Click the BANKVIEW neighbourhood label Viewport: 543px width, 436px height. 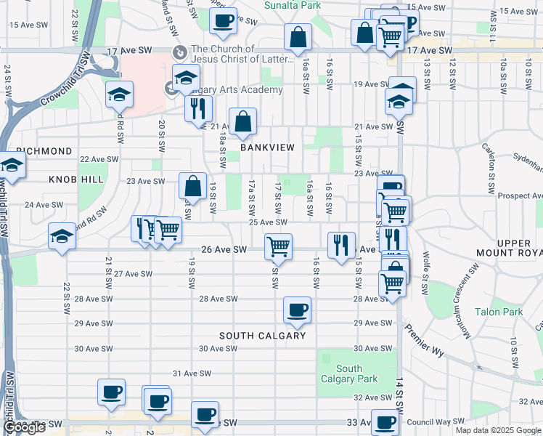tap(268, 147)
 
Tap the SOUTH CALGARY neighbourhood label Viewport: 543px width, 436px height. tap(262, 336)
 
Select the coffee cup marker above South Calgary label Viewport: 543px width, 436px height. tap(297, 310)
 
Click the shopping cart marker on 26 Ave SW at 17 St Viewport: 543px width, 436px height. tap(278, 247)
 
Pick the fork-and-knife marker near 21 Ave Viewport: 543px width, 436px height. tap(197, 109)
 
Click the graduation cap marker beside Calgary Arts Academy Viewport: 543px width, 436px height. tap(186, 78)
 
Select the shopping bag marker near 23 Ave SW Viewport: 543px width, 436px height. tap(193, 186)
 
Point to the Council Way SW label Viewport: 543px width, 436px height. tap(430, 421)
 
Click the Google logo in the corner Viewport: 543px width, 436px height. tap(24, 428)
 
